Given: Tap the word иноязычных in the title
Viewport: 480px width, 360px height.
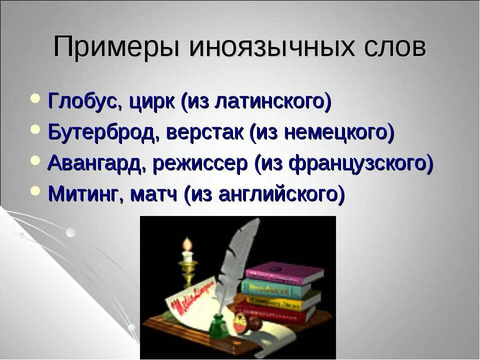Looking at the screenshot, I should point(272,47).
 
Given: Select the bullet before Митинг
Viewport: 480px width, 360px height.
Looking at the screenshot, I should point(35,191).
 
